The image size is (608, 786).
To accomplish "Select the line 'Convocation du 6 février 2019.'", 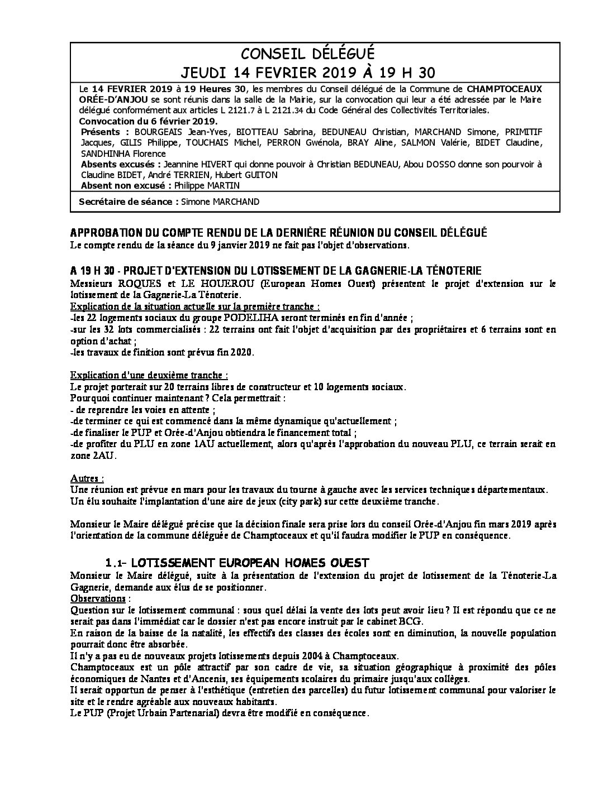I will (x=149, y=121).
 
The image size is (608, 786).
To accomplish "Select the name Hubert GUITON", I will (x=255, y=175).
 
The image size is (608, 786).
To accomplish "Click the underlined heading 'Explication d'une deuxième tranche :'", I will (x=149, y=375).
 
